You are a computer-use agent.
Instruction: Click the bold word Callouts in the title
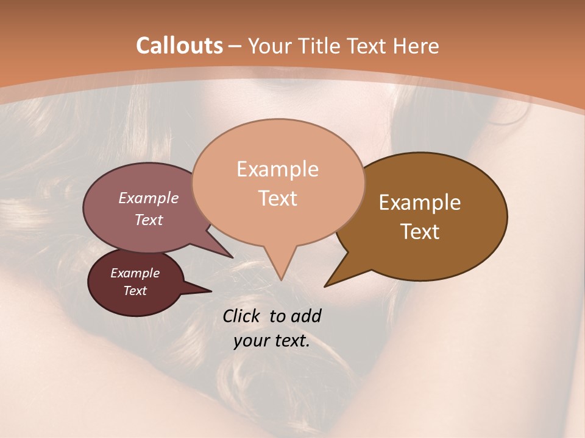tap(179, 46)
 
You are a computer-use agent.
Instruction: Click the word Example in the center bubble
tap(277, 169)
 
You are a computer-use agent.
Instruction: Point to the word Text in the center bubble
tap(277, 198)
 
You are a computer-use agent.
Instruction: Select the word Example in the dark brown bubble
tap(420, 203)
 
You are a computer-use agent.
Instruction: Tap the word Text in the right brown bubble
tap(420, 232)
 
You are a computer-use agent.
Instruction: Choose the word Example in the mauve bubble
tap(148, 198)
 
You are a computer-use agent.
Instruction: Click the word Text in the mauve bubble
tap(148, 220)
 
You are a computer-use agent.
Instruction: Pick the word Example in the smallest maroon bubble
tap(135, 273)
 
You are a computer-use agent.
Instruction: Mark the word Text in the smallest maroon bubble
tap(135, 291)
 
